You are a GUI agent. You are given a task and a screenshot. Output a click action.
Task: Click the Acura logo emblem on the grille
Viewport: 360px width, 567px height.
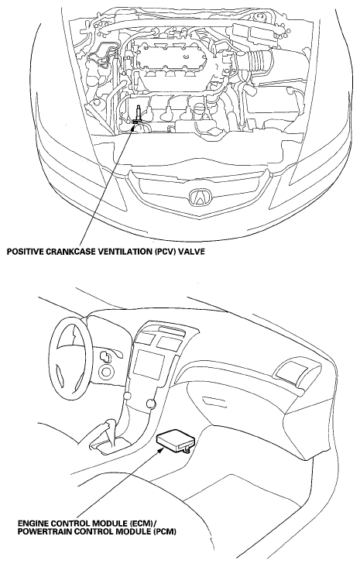point(199,198)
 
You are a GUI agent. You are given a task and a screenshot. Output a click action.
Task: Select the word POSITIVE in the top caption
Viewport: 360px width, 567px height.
point(24,251)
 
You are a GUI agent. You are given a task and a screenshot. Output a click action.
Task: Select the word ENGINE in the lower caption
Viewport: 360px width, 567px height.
point(33,524)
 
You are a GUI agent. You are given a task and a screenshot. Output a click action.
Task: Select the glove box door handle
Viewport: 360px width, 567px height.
point(214,401)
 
